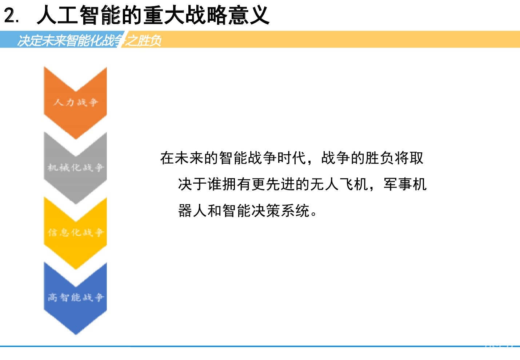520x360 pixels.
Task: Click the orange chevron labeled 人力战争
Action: [x=75, y=103]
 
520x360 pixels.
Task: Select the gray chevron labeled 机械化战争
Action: [x=75, y=168]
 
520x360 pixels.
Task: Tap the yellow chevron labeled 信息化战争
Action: [x=75, y=233]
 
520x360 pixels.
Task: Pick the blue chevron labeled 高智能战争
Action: [x=75, y=298]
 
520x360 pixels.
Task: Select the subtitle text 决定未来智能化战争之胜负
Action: [x=89, y=40]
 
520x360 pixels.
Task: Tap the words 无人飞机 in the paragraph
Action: [x=339, y=184]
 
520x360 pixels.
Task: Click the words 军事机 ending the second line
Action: [x=405, y=184]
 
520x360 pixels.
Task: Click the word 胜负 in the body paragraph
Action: [x=380, y=158]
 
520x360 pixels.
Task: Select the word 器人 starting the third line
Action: [x=192, y=211]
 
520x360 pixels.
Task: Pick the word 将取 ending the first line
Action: [x=409, y=158]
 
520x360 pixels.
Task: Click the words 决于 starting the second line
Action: [x=192, y=184]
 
